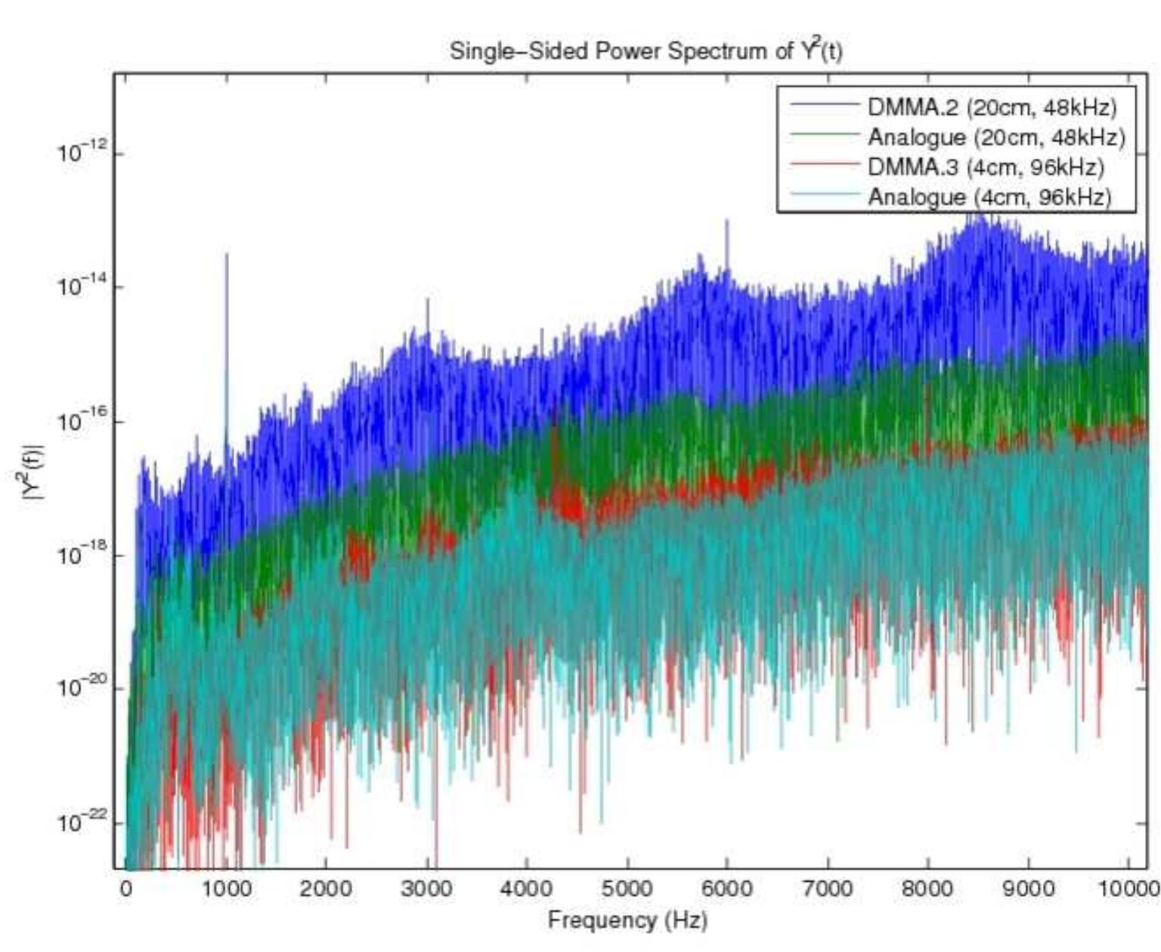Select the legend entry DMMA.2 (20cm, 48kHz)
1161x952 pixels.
pyautogui.click(x=991, y=107)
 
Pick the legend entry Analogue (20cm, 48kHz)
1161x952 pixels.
pyautogui.click(x=995, y=137)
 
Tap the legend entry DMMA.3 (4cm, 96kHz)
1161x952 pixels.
pyautogui.click(x=985, y=167)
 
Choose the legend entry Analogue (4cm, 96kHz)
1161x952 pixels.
pyautogui.click(x=989, y=197)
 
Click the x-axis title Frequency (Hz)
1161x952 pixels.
pyautogui.click(x=627, y=920)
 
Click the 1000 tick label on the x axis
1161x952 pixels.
pyautogui.click(x=226, y=889)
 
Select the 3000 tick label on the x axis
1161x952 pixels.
pyautogui.click(x=427, y=889)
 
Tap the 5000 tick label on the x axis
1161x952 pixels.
pyautogui.click(x=627, y=889)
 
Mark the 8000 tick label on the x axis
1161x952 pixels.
pyautogui.click(x=928, y=889)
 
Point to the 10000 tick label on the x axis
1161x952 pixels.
pyautogui.click(x=1128, y=889)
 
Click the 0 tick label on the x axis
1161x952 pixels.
pyautogui.click(x=126, y=889)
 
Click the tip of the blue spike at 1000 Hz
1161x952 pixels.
pyautogui.click(x=226, y=254)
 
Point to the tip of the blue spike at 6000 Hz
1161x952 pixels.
pyautogui.click(x=726, y=220)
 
